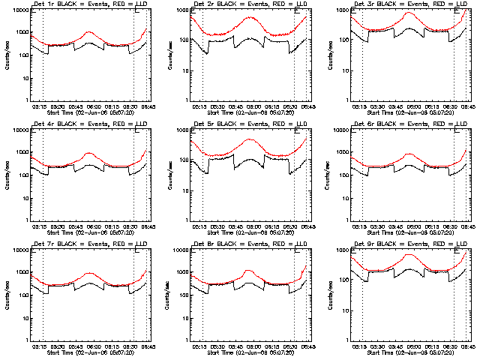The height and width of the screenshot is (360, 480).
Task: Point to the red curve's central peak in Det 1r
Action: coord(89,32)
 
